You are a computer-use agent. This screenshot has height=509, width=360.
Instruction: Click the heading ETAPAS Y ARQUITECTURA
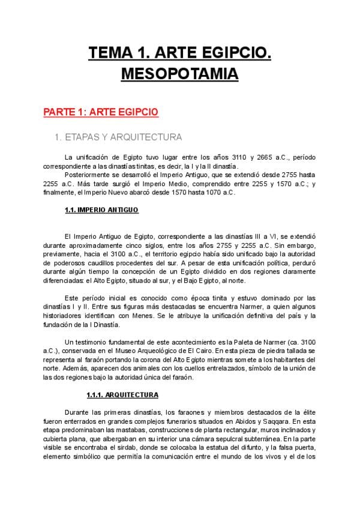pos(118,137)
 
